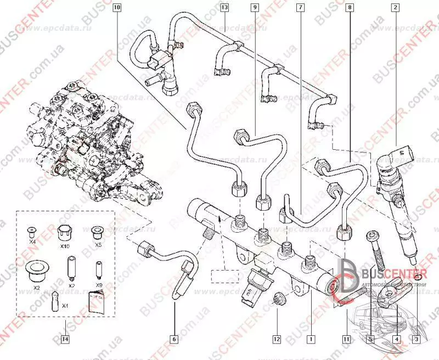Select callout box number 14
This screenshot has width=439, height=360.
coord(66,340)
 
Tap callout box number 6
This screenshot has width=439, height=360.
coord(175,340)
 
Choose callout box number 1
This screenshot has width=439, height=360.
coord(311,340)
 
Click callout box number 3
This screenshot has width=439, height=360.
coord(419,340)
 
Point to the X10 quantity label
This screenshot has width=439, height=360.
coord(65,246)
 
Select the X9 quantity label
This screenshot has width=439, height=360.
coord(99,286)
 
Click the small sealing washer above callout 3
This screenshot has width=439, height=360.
coord(418,271)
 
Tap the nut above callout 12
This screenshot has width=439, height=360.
coord(278,300)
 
